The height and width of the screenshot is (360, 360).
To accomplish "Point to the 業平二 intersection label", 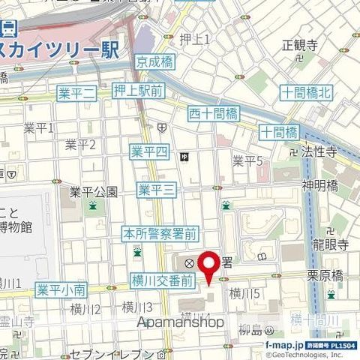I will (77, 93).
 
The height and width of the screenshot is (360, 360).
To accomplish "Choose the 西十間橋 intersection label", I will (213, 114).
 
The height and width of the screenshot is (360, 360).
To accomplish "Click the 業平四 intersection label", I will (148, 151).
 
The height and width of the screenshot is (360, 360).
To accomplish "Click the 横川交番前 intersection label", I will (163, 280).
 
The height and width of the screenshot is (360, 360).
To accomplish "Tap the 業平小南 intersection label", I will (61, 289).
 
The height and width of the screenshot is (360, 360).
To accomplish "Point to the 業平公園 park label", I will (93, 192).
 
